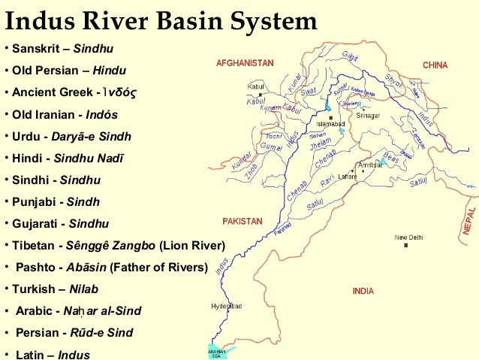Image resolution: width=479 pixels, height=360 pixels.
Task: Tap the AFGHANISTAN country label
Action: click(245, 63)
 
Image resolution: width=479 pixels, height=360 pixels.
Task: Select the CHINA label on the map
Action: click(435, 65)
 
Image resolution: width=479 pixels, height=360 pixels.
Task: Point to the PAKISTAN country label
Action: click(243, 222)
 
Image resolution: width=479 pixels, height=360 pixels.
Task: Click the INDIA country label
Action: click(363, 291)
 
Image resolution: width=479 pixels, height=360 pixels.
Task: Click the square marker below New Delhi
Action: click(406, 246)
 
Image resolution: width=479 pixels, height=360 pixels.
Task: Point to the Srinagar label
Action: click(368, 116)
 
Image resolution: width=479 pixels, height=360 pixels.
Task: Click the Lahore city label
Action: click(347, 177)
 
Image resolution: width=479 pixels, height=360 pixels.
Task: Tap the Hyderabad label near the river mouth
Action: click(225, 307)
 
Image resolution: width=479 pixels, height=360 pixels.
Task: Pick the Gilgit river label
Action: click(350, 57)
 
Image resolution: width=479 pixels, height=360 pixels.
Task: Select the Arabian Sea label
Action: click(217, 353)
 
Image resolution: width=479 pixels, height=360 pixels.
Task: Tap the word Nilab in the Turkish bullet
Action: click(83, 289)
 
